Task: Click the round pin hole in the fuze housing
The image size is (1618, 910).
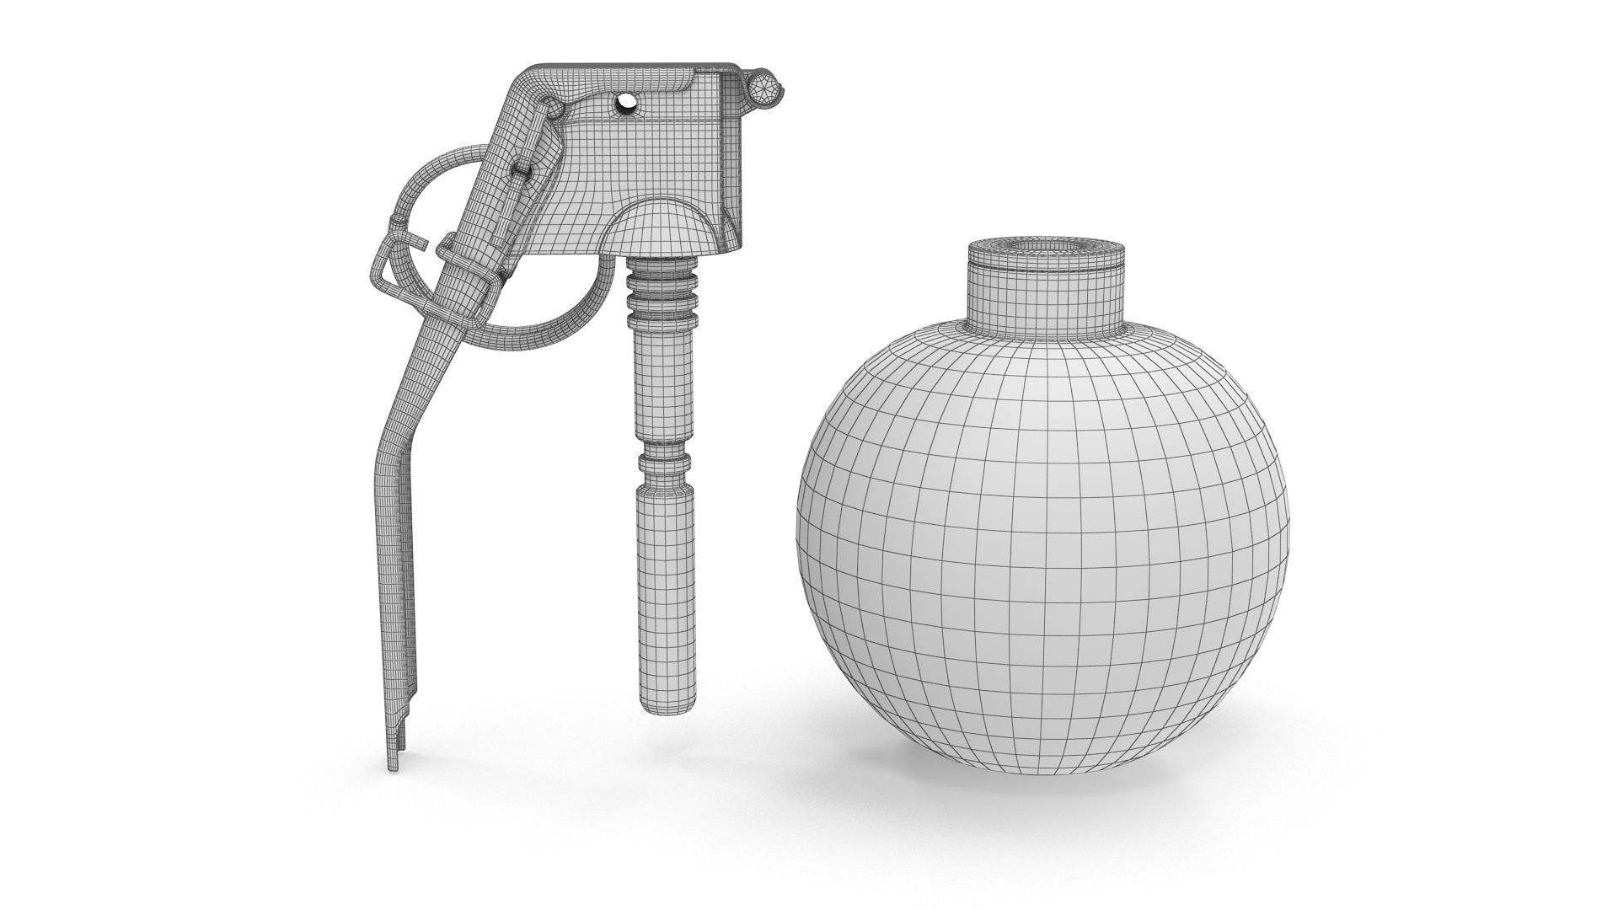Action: [x=627, y=103]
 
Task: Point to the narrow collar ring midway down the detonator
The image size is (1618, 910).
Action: [x=663, y=462]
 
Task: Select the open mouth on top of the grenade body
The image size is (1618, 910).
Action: [x=1047, y=246]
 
